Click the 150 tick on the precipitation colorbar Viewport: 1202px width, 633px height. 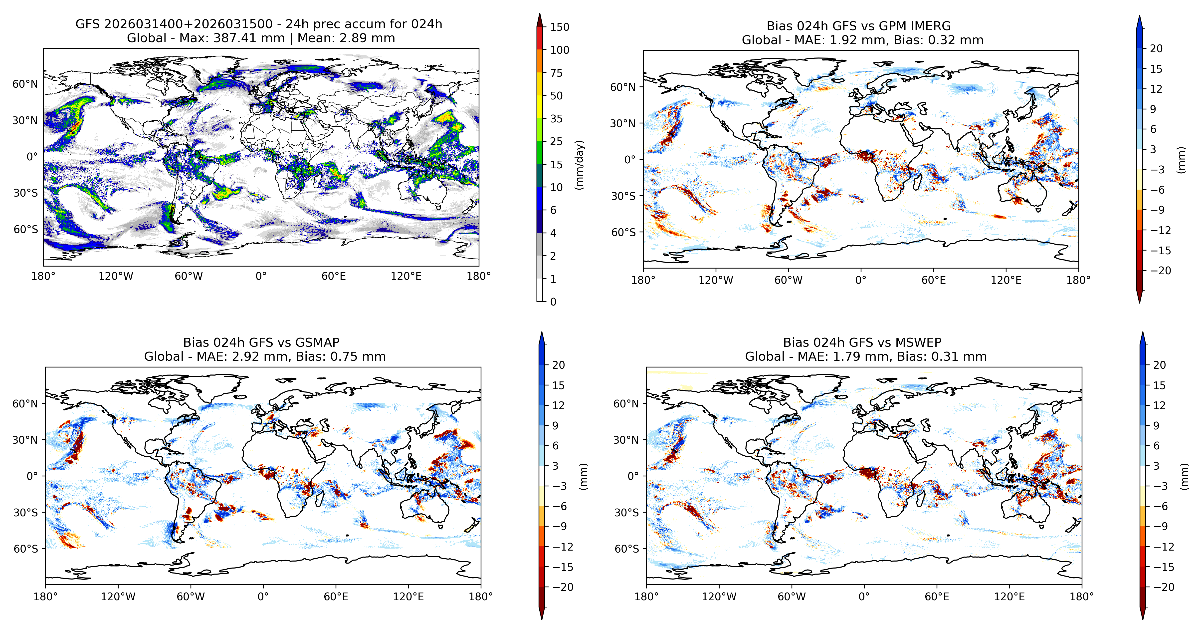click(560, 27)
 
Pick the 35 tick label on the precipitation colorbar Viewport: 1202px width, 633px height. click(556, 119)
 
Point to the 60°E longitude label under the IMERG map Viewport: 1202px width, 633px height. click(934, 280)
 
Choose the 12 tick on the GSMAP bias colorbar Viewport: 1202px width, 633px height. click(559, 405)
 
